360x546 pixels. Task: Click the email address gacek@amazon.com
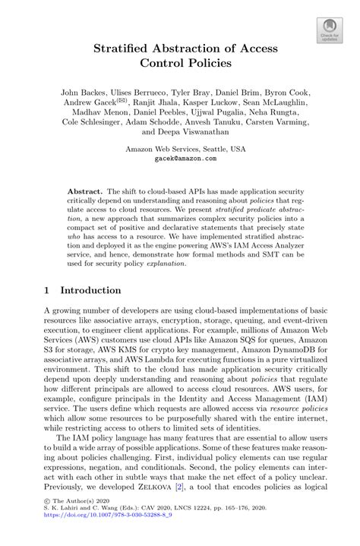pyautogui.click(x=180, y=159)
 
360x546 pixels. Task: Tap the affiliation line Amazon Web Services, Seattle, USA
pyautogui.click(x=180, y=150)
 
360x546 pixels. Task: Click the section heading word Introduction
pyautogui.click(x=90, y=291)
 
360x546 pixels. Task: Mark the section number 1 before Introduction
pyautogui.click(x=48, y=291)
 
